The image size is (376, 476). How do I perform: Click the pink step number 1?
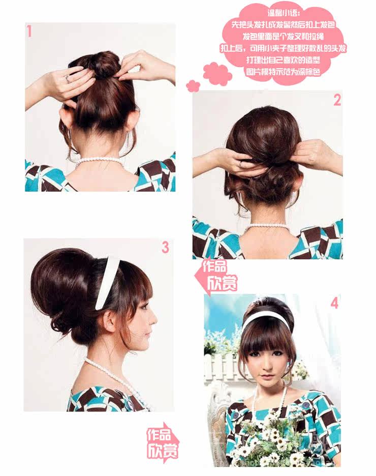[29, 32]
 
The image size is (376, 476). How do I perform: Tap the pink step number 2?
[337, 100]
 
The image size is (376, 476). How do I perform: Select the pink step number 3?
[165, 248]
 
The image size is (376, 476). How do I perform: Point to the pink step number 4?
[334, 304]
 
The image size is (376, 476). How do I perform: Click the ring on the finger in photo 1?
[67, 79]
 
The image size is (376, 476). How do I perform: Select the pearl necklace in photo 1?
[100, 161]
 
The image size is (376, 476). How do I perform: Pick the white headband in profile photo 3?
[108, 282]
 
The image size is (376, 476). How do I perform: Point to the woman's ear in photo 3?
[110, 321]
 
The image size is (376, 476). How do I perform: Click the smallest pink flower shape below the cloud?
[193, 85]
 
